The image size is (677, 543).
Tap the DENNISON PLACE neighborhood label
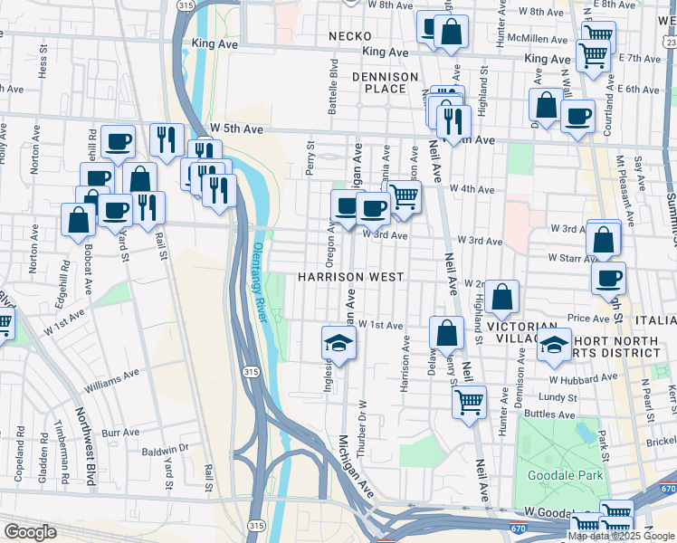pyautogui.click(x=386, y=82)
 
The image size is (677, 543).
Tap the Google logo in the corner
pyautogui.click(x=31, y=532)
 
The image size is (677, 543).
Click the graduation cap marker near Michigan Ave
pyautogui.click(x=338, y=344)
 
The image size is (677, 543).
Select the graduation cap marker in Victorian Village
pyautogui.click(x=554, y=345)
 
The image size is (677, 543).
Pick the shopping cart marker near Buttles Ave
pyautogui.click(x=469, y=401)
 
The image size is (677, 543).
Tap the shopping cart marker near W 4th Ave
pyautogui.click(x=404, y=195)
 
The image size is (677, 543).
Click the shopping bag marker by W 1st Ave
pyautogui.click(x=446, y=332)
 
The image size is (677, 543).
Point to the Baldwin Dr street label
pyautogui.click(x=165, y=448)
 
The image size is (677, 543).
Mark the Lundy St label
pyautogui.click(x=558, y=397)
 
